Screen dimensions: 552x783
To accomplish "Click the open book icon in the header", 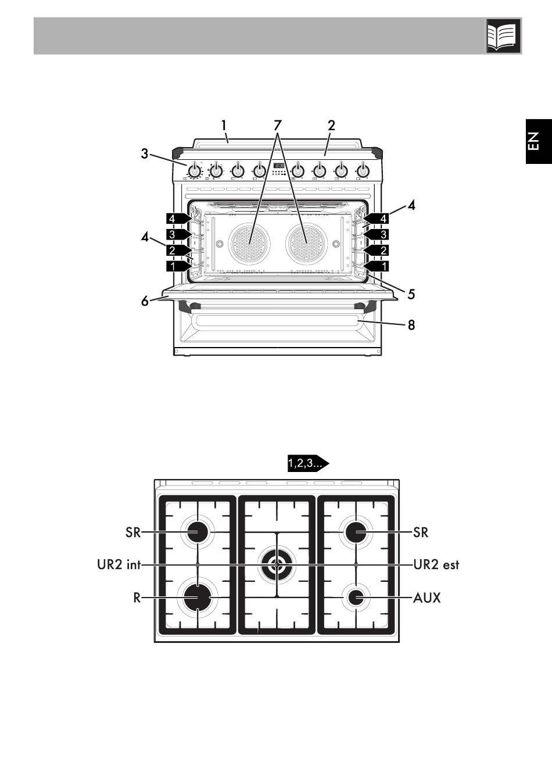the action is (x=503, y=36).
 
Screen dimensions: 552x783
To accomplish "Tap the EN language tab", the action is (x=539, y=141).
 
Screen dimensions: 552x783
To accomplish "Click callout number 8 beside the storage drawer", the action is (x=411, y=325).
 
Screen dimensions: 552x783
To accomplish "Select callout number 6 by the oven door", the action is (x=145, y=301).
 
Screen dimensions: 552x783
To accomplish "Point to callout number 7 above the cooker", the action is (x=277, y=125).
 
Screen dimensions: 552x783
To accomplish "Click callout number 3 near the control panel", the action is (x=145, y=154).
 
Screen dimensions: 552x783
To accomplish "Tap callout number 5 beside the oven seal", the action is (x=411, y=294).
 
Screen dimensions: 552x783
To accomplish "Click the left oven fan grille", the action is (x=249, y=242).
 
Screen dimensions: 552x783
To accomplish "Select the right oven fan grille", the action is (x=306, y=242).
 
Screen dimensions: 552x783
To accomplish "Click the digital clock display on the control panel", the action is (x=278, y=166).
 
